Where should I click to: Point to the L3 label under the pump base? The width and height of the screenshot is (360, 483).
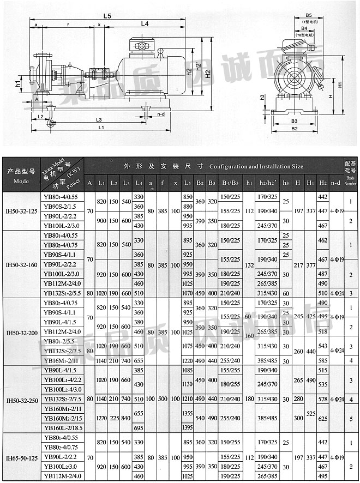tap(98, 119)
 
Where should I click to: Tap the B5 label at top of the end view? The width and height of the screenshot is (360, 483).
tap(308, 16)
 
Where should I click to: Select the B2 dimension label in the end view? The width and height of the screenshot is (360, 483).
tap(294, 128)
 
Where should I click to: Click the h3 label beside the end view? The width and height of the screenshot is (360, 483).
tap(262, 96)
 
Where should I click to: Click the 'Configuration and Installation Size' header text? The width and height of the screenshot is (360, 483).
tap(256, 166)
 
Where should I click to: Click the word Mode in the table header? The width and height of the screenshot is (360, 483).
tap(21, 181)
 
